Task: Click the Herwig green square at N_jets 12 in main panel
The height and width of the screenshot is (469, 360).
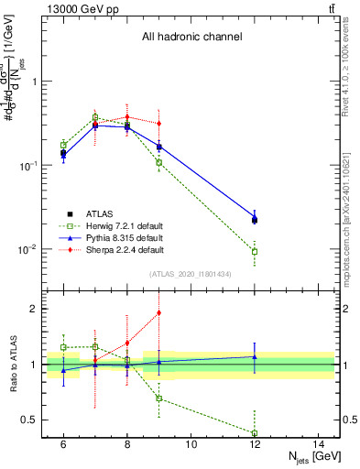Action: tap(255, 251)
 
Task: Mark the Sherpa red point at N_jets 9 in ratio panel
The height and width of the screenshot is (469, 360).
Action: tap(158, 312)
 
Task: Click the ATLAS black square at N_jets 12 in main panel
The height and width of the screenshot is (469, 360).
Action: tap(255, 220)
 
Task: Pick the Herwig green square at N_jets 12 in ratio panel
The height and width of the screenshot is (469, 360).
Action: tap(255, 432)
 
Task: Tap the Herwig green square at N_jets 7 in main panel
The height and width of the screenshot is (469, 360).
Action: tap(94, 117)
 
